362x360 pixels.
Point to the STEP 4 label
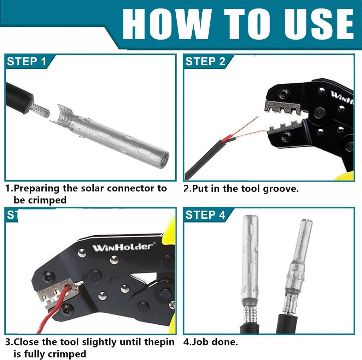point(205,215)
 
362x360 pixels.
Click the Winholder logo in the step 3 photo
point(123,247)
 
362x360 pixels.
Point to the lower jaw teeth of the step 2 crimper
point(285,128)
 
